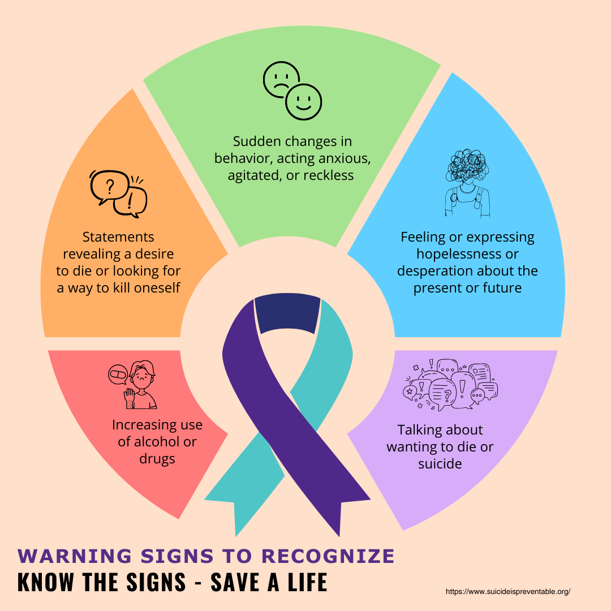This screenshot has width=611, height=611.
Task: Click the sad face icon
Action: pos(282,79)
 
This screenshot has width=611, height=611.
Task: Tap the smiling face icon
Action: pos(303,102)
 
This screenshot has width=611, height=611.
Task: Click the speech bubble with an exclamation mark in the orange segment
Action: pos(131,201)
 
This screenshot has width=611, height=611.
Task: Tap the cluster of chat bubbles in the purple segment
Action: pos(451,384)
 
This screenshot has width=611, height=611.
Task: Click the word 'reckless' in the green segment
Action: pos(328,175)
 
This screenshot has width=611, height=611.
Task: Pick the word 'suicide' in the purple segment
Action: pos(440,464)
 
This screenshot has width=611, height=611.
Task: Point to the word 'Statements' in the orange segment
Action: pos(118,236)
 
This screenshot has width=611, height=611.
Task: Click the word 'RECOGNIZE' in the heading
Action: pos(333,556)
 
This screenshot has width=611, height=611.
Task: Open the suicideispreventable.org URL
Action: pos(507,591)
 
